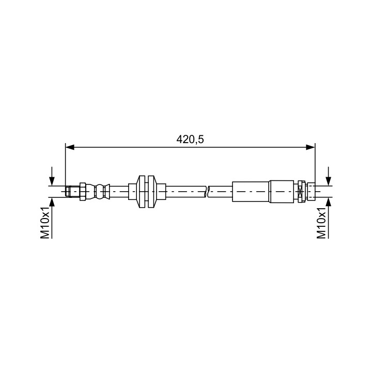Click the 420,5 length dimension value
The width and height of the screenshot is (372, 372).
(x=190, y=139)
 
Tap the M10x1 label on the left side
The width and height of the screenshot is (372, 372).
(x=45, y=222)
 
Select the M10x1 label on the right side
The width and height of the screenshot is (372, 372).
(x=321, y=222)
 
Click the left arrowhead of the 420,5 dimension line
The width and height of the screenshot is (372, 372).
(x=70, y=147)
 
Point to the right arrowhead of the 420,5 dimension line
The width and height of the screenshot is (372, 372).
(x=311, y=147)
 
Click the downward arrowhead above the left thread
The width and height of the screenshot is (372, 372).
(x=52, y=181)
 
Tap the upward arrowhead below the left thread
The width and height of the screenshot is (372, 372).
(x=52, y=202)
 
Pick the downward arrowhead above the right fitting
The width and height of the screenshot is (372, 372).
(x=329, y=181)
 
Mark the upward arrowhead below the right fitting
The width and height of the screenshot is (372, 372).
(x=329, y=202)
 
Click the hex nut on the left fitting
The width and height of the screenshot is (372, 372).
(x=83, y=192)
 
